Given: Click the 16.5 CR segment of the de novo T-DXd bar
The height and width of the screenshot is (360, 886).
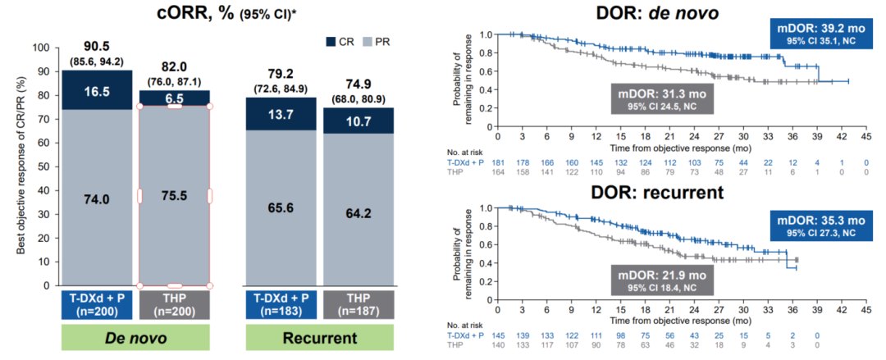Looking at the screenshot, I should click(x=97, y=90).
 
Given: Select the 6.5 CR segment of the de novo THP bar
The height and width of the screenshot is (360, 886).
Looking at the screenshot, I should click(x=174, y=97).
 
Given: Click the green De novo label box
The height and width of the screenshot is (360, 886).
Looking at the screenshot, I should click(x=135, y=339).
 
